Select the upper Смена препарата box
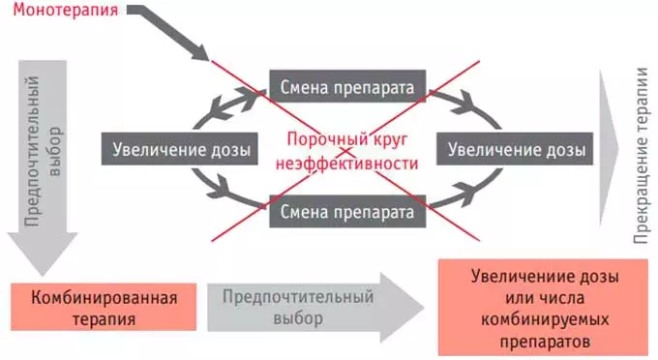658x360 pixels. (x=346, y=88)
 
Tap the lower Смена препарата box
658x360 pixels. (x=346, y=209)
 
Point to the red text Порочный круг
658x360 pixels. (x=346, y=141)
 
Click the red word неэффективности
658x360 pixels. (x=346, y=164)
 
